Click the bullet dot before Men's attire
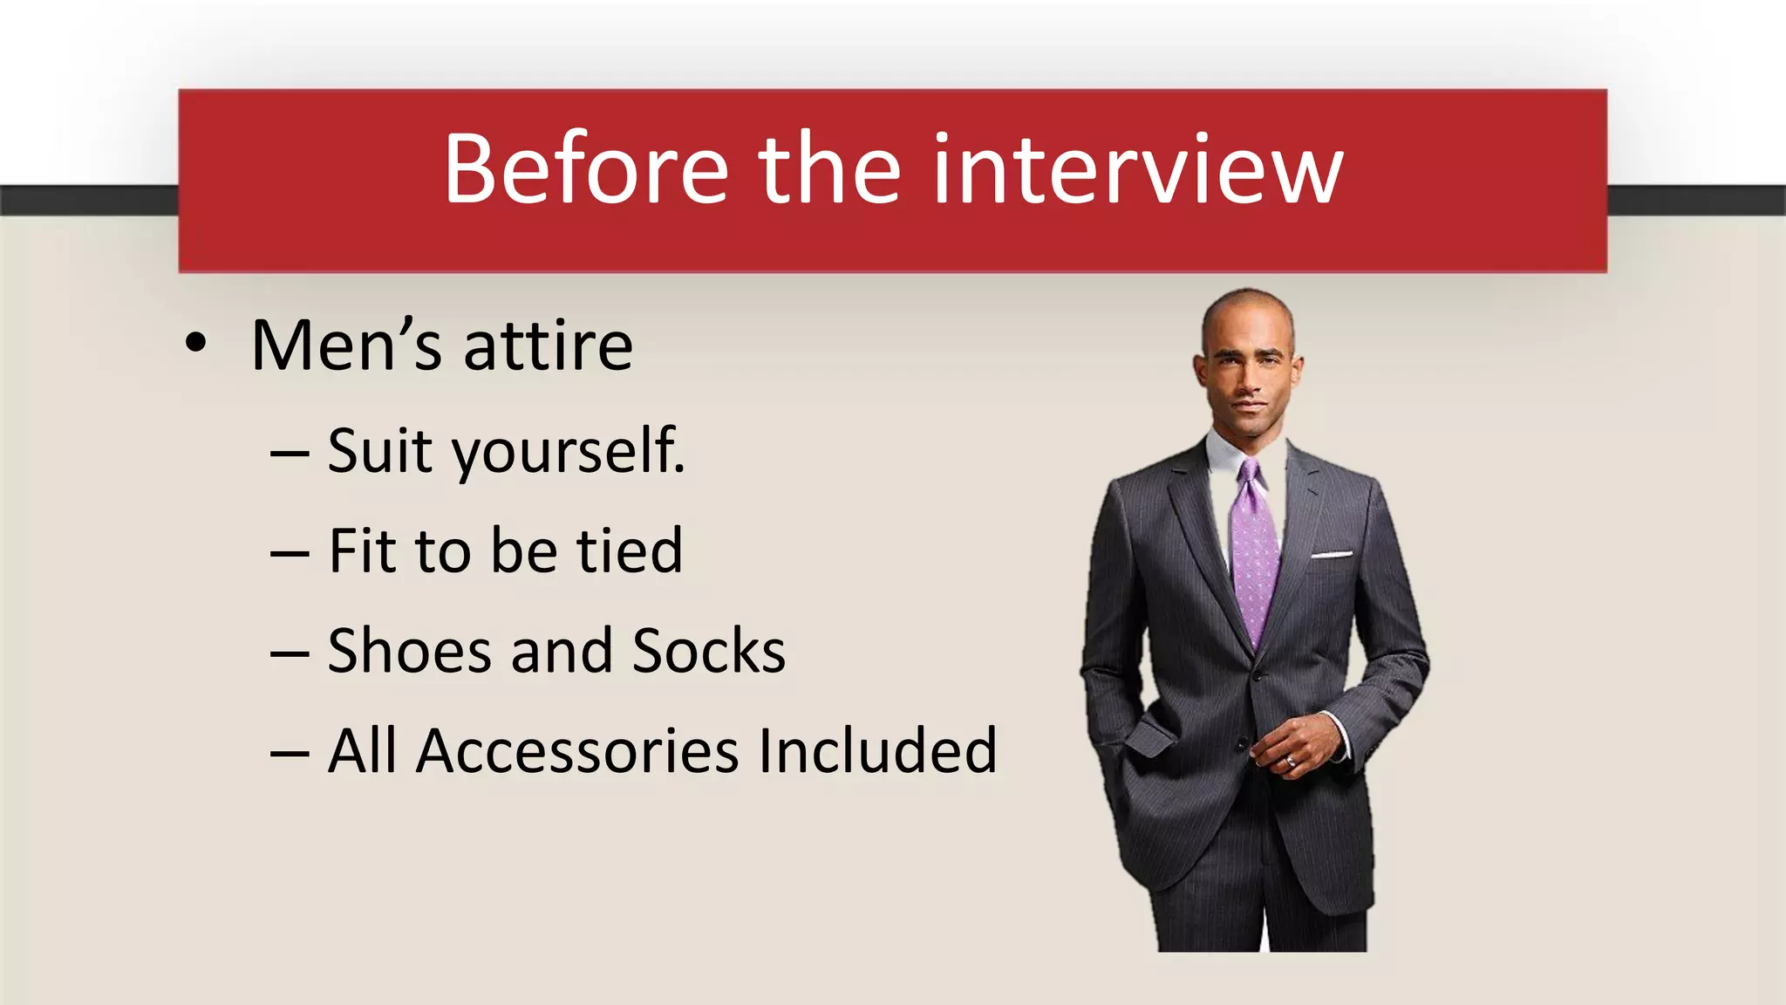(x=196, y=343)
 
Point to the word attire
(x=548, y=346)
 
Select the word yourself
(x=568, y=452)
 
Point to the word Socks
(x=708, y=651)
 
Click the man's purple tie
(x=1254, y=558)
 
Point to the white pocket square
(x=1331, y=554)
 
